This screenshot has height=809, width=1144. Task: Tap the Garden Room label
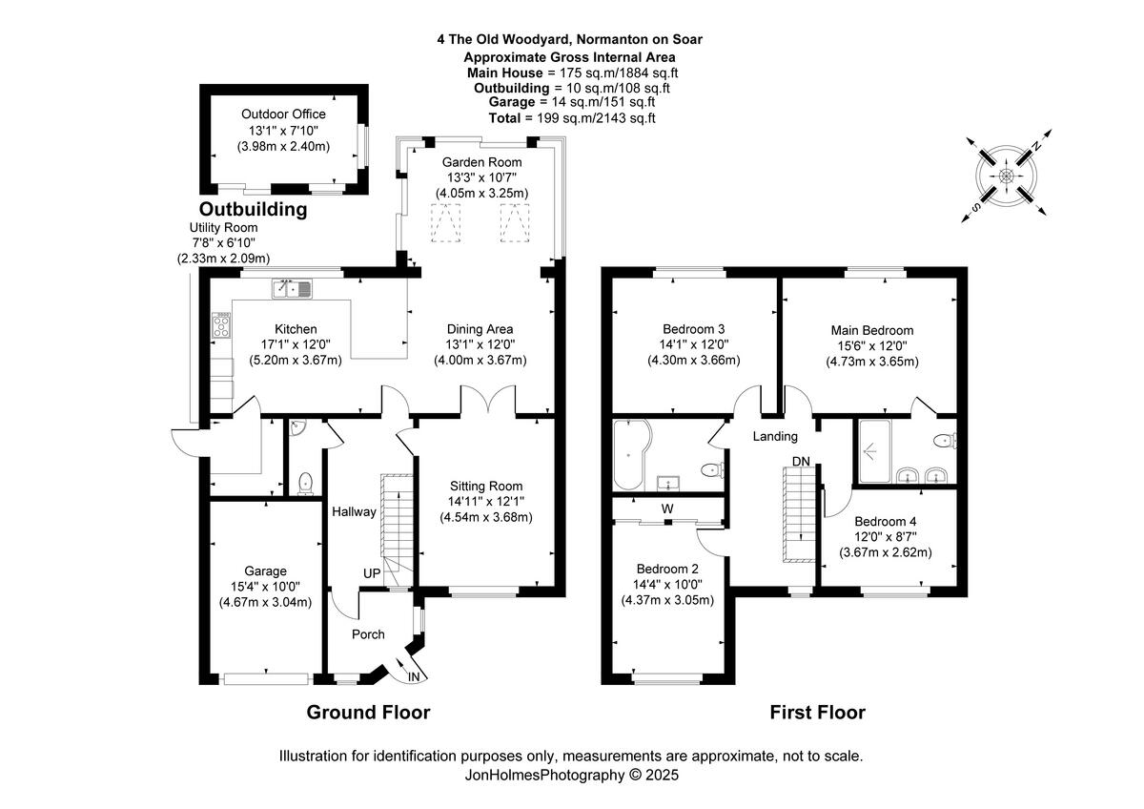(x=481, y=162)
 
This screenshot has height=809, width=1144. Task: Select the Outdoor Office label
(x=283, y=114)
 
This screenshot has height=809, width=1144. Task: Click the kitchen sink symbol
(x=292, y=286)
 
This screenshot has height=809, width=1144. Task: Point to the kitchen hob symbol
(x=221, y=325)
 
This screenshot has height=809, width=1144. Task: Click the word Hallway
(x=354, y=512)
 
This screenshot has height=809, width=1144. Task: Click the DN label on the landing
(x=802, y=462)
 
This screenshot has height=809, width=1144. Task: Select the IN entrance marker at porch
(x=413, y=675)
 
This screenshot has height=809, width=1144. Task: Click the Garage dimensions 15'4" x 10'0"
(x=264, y=587)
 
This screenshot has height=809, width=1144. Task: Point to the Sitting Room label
(x=485, y=486)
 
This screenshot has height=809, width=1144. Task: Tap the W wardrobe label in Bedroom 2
(x=667, y=508)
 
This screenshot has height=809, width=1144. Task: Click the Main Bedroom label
(x=871, y=330)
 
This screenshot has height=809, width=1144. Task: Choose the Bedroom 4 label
(x=885, y=522)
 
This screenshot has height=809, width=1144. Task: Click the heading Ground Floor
(x=368, y=713)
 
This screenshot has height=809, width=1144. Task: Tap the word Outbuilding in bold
(x=253, y=209)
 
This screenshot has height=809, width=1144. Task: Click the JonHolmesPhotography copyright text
(x=571, y=776)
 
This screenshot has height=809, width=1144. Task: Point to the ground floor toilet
(x=305, y=483)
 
